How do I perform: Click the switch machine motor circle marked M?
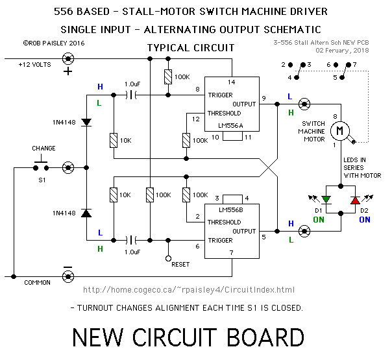pos(339,132)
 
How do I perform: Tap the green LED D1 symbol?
pos(326,199)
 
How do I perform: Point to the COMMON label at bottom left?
pos(38,283)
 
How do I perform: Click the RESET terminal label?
pos(180,264)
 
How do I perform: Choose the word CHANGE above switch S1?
pos(44,149)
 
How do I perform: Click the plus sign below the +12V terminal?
pos(67,71)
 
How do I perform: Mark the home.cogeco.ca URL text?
pos(189,290)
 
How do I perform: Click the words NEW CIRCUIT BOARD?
pos(188,337)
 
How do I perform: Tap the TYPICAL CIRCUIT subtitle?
pos(191,48)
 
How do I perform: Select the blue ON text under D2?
pos(365,219)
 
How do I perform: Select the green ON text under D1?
pos(319,219)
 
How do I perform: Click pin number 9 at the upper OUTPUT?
pos(263,98)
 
